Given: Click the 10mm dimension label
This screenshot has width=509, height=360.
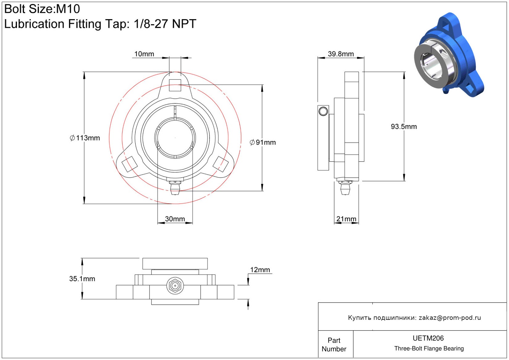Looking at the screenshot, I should (x=144, y=54).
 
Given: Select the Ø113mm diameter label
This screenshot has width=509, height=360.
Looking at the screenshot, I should (x=85, y=138).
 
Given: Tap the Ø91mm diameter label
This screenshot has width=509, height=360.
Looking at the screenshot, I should (x=263, y=142).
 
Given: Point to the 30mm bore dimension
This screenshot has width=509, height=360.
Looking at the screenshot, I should (x=175, y=219).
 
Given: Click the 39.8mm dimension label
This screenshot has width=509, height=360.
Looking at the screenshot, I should (x=341, y=54).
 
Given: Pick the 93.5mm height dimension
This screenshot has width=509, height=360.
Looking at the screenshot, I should (x=404, y=126).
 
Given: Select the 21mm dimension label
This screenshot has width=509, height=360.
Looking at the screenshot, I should (x=346, y=219).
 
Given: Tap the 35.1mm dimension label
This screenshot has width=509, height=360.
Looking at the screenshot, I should (x=82, y=279).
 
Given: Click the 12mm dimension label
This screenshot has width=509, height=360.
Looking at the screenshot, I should (x=260, y=270).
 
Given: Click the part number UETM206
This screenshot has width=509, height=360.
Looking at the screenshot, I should (x=428, y=338).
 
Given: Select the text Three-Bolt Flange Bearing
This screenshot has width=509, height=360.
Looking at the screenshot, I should (x=429, y=349).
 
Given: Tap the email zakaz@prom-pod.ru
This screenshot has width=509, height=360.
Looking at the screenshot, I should (x=450, y=318).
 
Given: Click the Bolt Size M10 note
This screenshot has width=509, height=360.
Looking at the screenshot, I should (x=42, y=9).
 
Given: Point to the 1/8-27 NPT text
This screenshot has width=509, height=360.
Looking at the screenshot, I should (x=165, y=24).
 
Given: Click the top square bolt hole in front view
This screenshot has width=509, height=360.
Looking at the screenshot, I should (x=175, y=85).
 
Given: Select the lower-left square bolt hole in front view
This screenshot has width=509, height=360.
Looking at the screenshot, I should (x=129, y=164).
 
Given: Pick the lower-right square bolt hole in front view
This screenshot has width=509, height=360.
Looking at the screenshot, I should (x=221, y=164).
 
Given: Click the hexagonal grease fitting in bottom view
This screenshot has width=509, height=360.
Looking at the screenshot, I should (x=175, y=286).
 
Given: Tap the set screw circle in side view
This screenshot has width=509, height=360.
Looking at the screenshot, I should (x=323, y=111).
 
